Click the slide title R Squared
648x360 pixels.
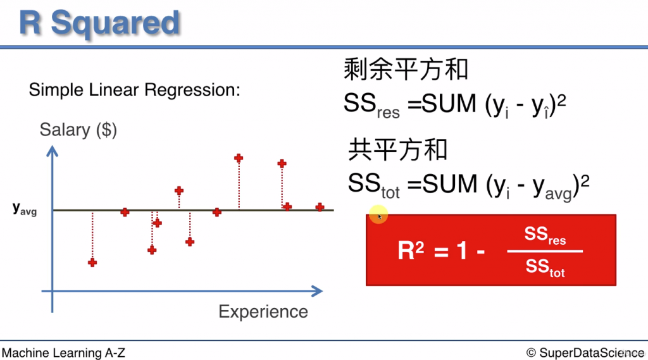pos(99,23)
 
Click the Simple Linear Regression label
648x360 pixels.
pos(134,90)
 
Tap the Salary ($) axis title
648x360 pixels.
pos(78,130)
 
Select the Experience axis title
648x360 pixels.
pos(263,311)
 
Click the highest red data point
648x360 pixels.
pos(239,158)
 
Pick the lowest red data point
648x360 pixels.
pos(92,262)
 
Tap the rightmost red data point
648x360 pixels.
pos(320,207)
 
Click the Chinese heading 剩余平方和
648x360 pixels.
pos(406,69)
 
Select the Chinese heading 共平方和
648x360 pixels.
pos(397,150)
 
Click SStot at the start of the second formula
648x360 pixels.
pos(373,185)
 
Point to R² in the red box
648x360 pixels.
pos(411,251)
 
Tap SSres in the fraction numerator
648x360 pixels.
pos(545,237)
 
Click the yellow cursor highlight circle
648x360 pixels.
pos(378,215)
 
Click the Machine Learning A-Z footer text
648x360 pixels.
pos(63,352)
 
